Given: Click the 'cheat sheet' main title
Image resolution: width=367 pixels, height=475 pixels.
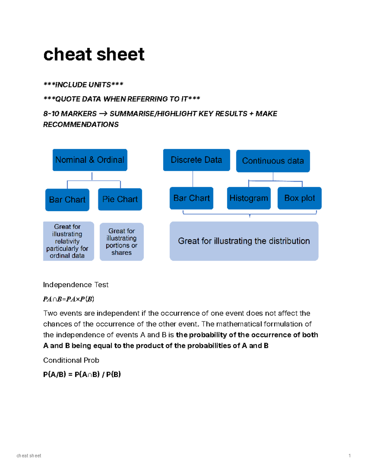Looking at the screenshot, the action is (94, 54).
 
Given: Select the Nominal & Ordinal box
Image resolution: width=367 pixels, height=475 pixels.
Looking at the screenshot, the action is (90, 160).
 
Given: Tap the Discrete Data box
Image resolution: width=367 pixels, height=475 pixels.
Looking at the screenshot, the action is (196, 160).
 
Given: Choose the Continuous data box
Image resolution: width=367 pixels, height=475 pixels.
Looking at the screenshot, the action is (273, 161).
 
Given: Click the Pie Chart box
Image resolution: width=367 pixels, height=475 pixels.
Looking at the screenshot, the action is (120, 199).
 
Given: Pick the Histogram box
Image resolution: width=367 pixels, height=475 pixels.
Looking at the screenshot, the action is (249, 198).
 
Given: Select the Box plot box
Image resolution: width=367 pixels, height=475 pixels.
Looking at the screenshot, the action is (299, 198).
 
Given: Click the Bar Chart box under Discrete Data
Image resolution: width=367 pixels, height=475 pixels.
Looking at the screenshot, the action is (191, 198).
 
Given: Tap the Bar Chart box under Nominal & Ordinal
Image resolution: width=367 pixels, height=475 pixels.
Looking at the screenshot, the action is (67, 200).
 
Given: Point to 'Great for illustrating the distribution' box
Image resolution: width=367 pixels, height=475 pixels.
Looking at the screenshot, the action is (244, 241).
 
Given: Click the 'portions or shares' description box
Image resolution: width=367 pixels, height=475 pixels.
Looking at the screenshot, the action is (121, 242).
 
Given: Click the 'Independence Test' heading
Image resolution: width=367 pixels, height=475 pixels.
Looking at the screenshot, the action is (76, 285).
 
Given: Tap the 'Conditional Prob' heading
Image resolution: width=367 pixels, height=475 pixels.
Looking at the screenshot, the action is (71, 360).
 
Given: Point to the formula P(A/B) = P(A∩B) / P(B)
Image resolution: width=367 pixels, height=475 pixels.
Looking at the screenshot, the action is (82, 374).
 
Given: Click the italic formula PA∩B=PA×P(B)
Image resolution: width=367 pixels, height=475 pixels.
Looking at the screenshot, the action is (69, 299).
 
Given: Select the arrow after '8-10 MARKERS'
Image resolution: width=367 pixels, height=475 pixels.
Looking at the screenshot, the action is (103, 114).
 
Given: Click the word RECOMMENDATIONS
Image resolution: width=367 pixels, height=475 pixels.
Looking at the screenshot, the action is (81, 124).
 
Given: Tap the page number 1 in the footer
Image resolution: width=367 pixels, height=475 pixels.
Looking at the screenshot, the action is (350, 456).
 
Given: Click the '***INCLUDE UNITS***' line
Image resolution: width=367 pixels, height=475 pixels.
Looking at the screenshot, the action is (83, 85).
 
